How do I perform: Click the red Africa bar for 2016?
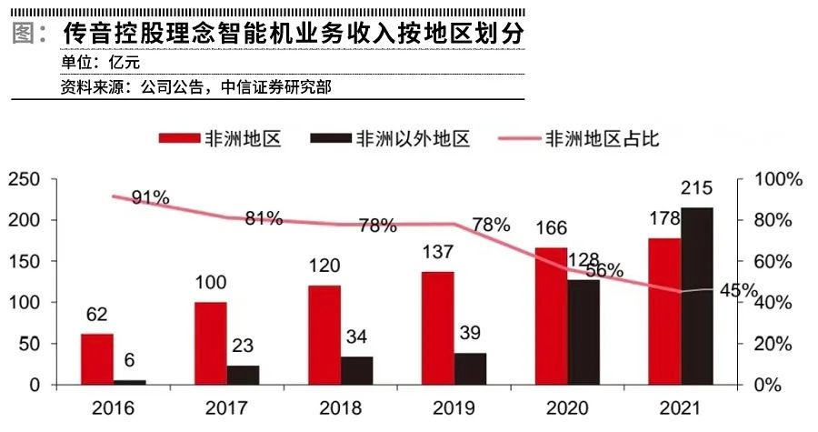[x=97, y=358]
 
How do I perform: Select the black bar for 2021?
[x=697, y=296]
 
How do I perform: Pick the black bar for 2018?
[x=356, y=370]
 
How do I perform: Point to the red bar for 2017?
[x=211, y=343]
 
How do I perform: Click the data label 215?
[x=696, y=189]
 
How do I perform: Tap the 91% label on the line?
[x=150, y=197]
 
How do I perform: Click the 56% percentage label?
[x=604, y=270]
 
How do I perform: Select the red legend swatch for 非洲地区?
[x=179, y=138]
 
